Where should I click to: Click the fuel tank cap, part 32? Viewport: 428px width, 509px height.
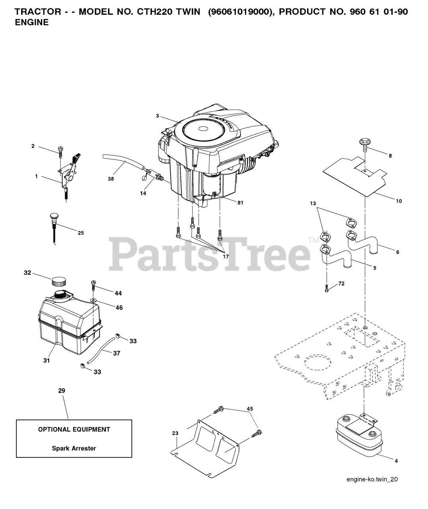58,282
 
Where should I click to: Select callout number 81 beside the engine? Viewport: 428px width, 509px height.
240,202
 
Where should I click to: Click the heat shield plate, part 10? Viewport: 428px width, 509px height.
354,175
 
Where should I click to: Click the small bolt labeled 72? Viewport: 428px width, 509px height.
326,288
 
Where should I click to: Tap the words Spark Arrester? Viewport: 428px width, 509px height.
74,448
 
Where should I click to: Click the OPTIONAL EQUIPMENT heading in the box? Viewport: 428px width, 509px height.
74,429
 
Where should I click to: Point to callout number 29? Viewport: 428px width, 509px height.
62,391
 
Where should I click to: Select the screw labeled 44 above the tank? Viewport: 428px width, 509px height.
94,284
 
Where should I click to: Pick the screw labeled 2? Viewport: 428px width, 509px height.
60,151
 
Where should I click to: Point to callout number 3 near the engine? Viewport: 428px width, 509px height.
157,116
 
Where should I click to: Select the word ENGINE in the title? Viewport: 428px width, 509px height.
32,22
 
